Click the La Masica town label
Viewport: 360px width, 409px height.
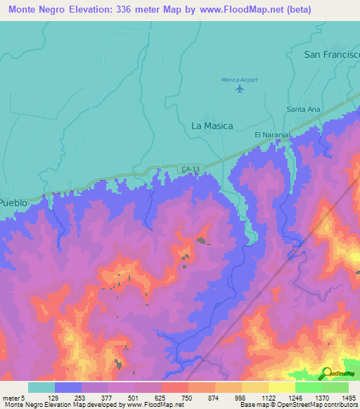(x=212, y=126)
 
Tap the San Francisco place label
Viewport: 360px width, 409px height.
(x=331, y=54)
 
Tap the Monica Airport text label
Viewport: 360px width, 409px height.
(x=240, y=79)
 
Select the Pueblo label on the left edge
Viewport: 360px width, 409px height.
(x=13, y=202)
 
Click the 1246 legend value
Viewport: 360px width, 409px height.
(x=296, y=398)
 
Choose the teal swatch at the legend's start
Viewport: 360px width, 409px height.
(x=41, y=387)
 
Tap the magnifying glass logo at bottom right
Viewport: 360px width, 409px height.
(x=326, y=373)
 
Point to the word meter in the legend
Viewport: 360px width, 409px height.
(x=11, y=398)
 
